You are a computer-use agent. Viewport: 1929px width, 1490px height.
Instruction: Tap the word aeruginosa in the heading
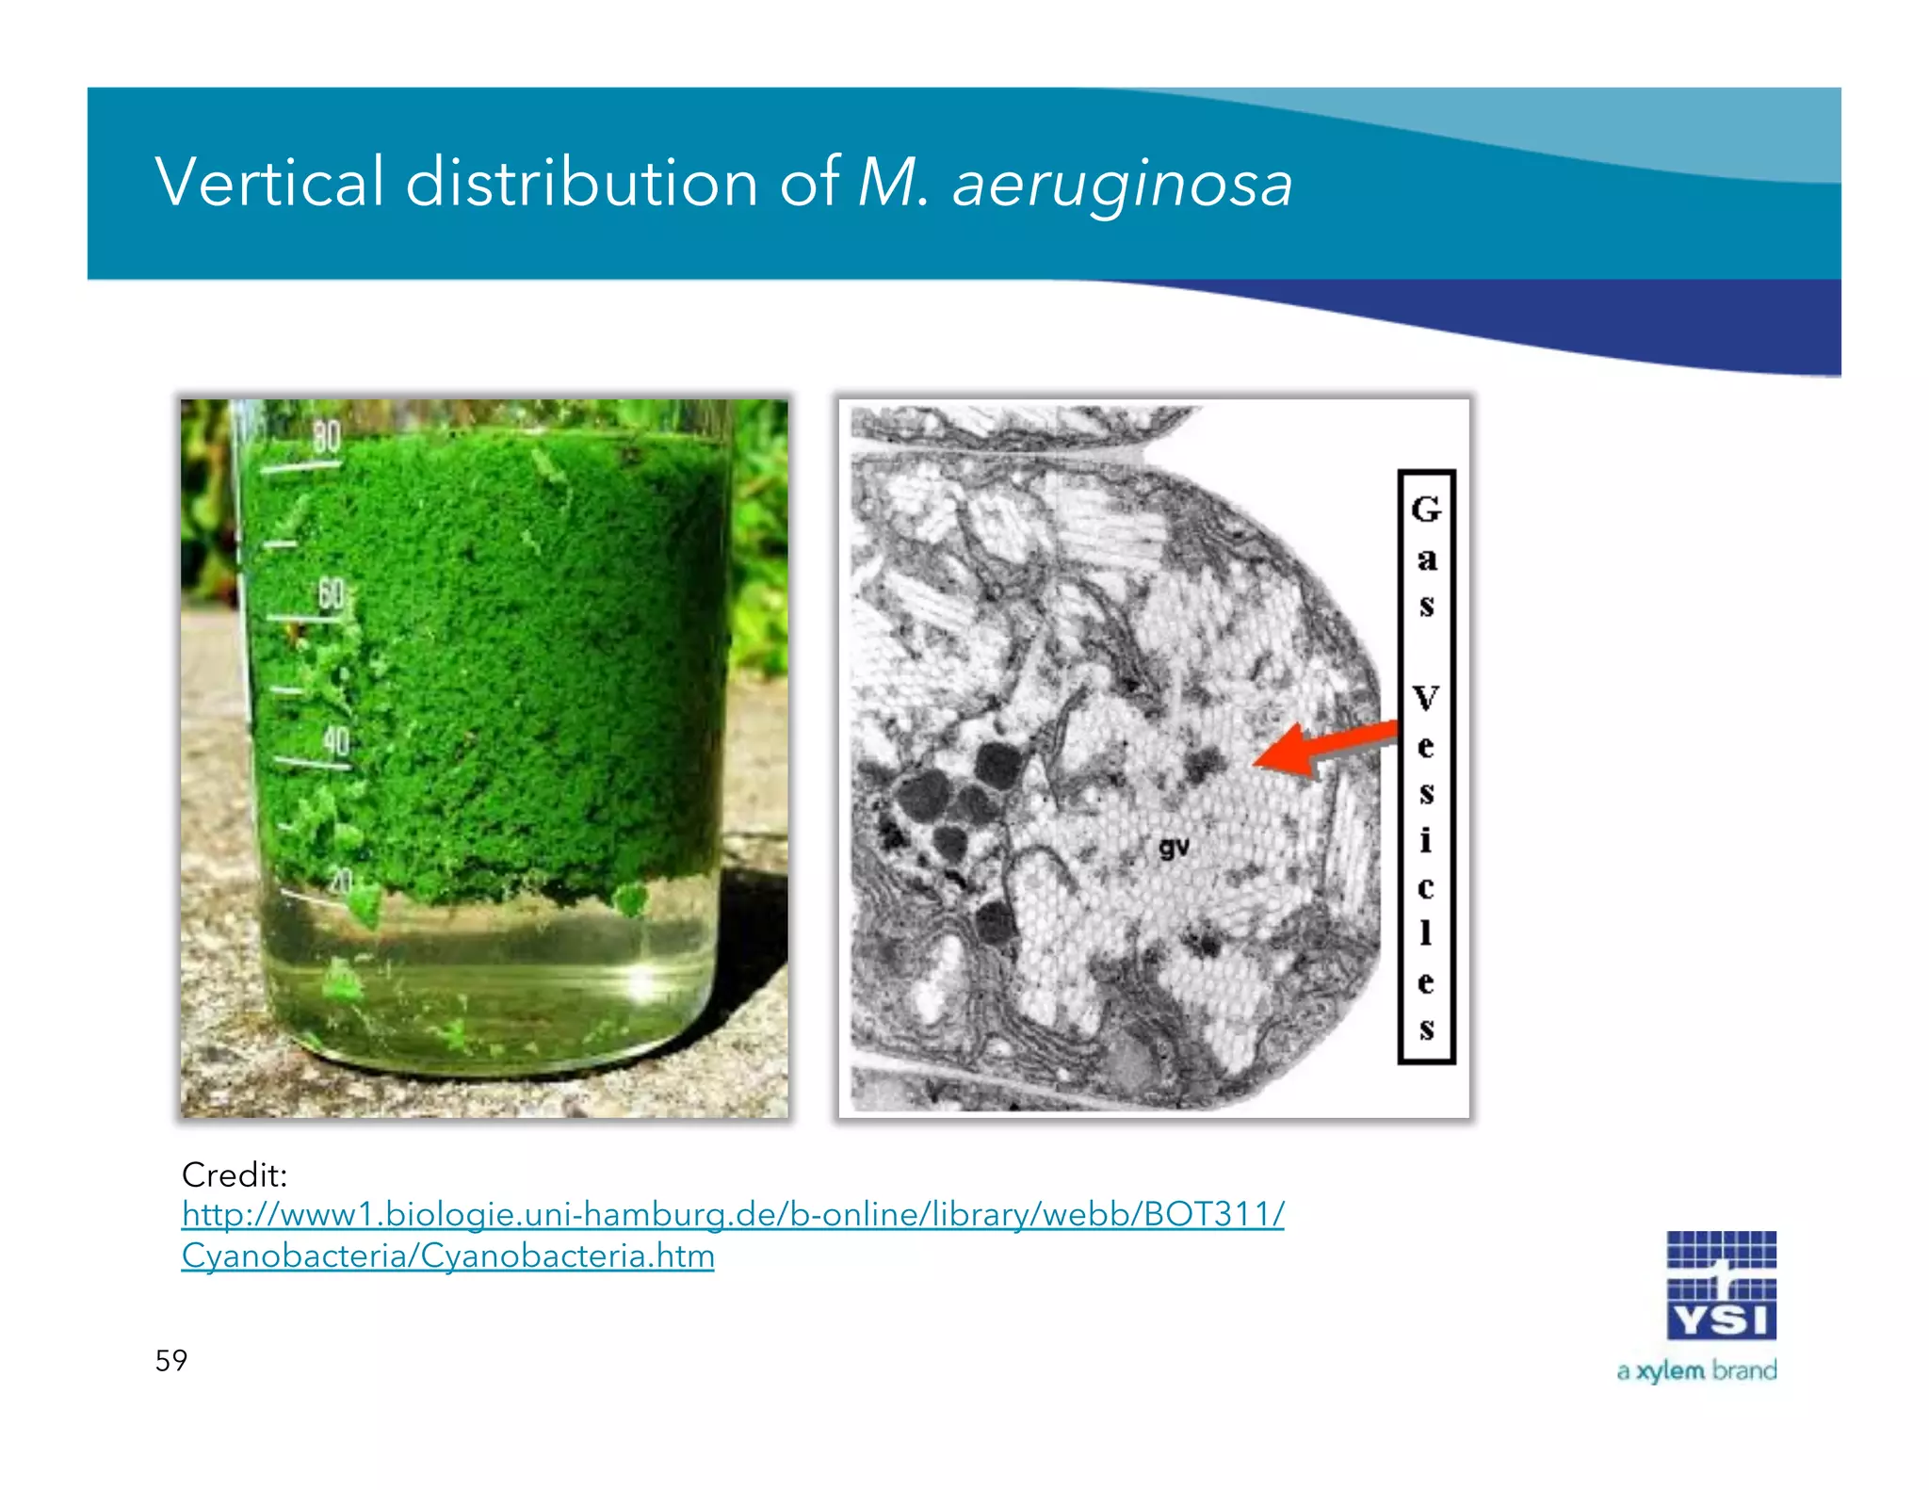(x=1122, y=184)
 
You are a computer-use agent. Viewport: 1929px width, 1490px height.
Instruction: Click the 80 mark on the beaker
(x=326, y=437)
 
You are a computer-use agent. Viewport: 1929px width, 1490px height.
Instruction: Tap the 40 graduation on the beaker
(x=336, y=742)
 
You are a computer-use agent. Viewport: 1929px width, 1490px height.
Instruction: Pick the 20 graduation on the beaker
(x=340, y=882)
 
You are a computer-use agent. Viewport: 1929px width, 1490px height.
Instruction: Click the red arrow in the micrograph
(x=1323, y=748)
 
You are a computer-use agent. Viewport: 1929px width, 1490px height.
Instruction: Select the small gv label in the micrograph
(x=1174, y=848)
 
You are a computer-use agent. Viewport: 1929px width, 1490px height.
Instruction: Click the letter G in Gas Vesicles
(x=1426, y=510)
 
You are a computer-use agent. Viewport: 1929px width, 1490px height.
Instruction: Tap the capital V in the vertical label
(x=1426, y=698)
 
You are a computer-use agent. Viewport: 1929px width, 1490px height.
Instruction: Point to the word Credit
(x=234, y=1174)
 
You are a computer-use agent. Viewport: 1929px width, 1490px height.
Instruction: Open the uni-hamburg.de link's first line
(x=732, y=1214)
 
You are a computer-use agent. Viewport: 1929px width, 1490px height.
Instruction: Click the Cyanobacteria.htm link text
(x=447, y=1255)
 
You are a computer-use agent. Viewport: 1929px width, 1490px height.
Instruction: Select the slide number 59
(x=170, y=1360)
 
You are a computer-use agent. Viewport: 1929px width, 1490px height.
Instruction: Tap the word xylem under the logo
(x=1670, y=1370)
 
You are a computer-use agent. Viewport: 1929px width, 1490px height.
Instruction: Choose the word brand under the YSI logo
(x=1744, y=1369)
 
